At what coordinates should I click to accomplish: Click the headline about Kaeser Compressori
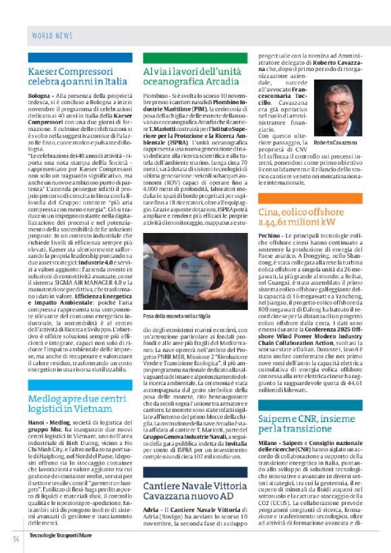[x=78, y=76]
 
